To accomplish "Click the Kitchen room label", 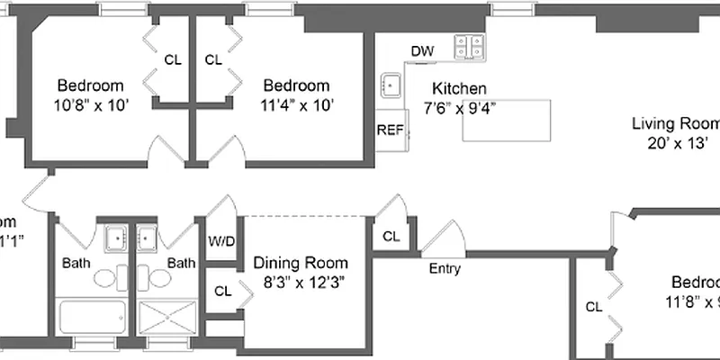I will (x=459, y=89).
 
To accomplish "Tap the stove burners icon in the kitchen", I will (x=470, y=46).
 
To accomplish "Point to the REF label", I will (x=390, y=130).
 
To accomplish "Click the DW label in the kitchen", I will (x=422, y=51).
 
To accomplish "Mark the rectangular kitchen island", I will (x=506, y=120).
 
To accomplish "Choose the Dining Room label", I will (x=300, y=263).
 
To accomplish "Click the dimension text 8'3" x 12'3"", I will (x=300, y=281).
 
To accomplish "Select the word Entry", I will (x=445, y=268).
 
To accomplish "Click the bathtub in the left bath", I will (x=93, y=318).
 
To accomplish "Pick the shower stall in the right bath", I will (x=167, y=318).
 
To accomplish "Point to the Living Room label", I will (x=675, y=124).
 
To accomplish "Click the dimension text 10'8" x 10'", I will (x=90, y=104).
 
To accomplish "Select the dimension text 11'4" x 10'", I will (x=296, y=104).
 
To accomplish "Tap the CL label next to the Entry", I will (x=391, y=237).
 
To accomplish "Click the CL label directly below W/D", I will (x=221, y=291).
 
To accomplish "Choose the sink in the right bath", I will (x=147, y=238).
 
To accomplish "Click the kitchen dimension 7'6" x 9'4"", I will (x=459, y=107).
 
